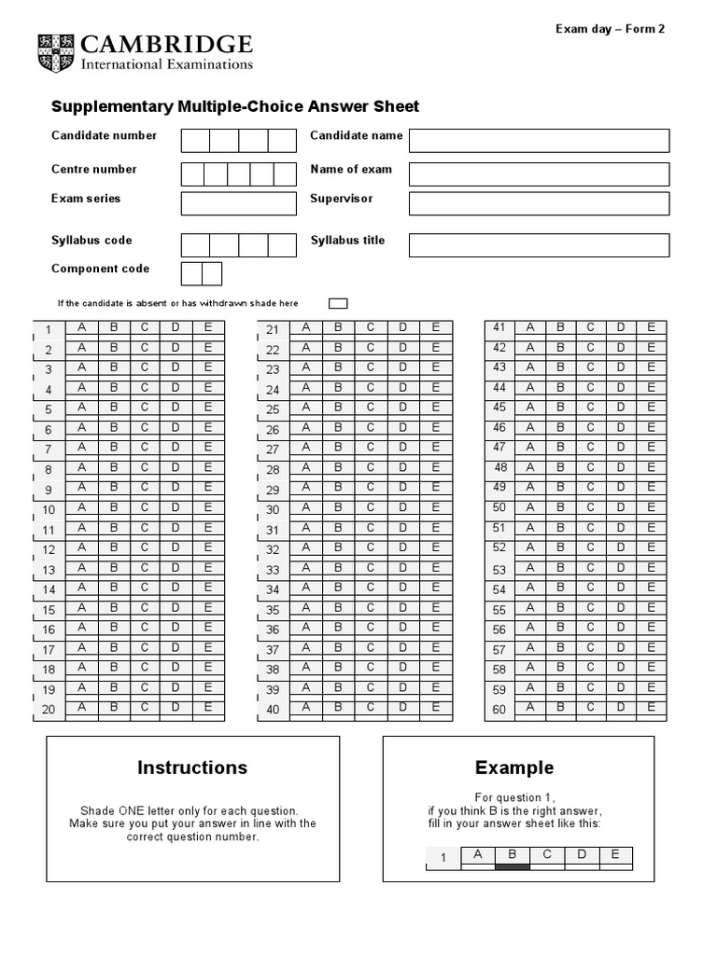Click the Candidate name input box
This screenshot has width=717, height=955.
click(539, 140)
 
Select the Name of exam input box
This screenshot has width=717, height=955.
click(539, 174)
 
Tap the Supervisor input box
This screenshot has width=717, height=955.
click(539, 203)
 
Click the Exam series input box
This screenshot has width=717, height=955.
click(238, 203)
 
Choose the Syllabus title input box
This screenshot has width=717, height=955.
click(539, 244)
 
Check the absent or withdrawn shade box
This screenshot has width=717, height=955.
click(338, 303)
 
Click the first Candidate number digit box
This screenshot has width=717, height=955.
click(195, 140)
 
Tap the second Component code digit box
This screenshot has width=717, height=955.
click(212, 273)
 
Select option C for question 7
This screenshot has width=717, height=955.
click(144, 448)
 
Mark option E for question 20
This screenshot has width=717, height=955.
click(208, 708)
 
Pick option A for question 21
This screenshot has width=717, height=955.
click(304, 327)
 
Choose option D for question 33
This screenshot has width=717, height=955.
click(402, 568)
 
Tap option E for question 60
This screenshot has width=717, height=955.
click(652, 708)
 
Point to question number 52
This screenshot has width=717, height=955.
click(499, 548)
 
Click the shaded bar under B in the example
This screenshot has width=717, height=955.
click(512, 867)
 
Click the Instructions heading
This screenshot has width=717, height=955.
click(192, 768)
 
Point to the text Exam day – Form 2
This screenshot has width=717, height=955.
click(611, 29)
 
